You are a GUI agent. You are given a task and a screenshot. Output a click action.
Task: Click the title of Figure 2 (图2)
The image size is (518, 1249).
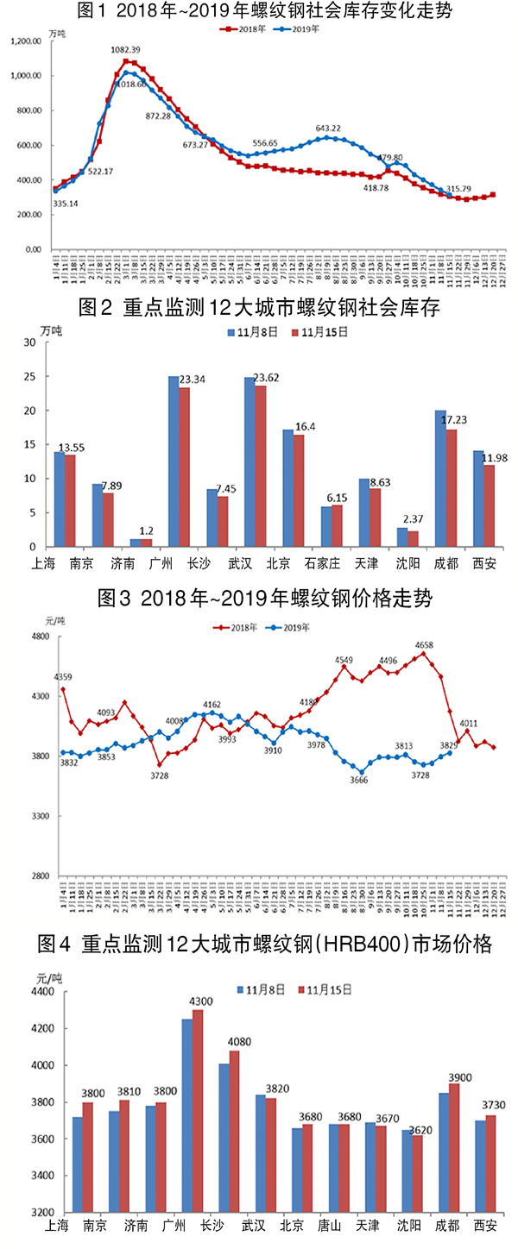pos(258,307)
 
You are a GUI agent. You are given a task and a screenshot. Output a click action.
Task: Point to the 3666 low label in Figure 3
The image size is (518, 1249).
pos(358,780)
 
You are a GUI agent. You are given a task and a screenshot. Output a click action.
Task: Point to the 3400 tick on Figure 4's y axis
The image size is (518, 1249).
pos(40,1176)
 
